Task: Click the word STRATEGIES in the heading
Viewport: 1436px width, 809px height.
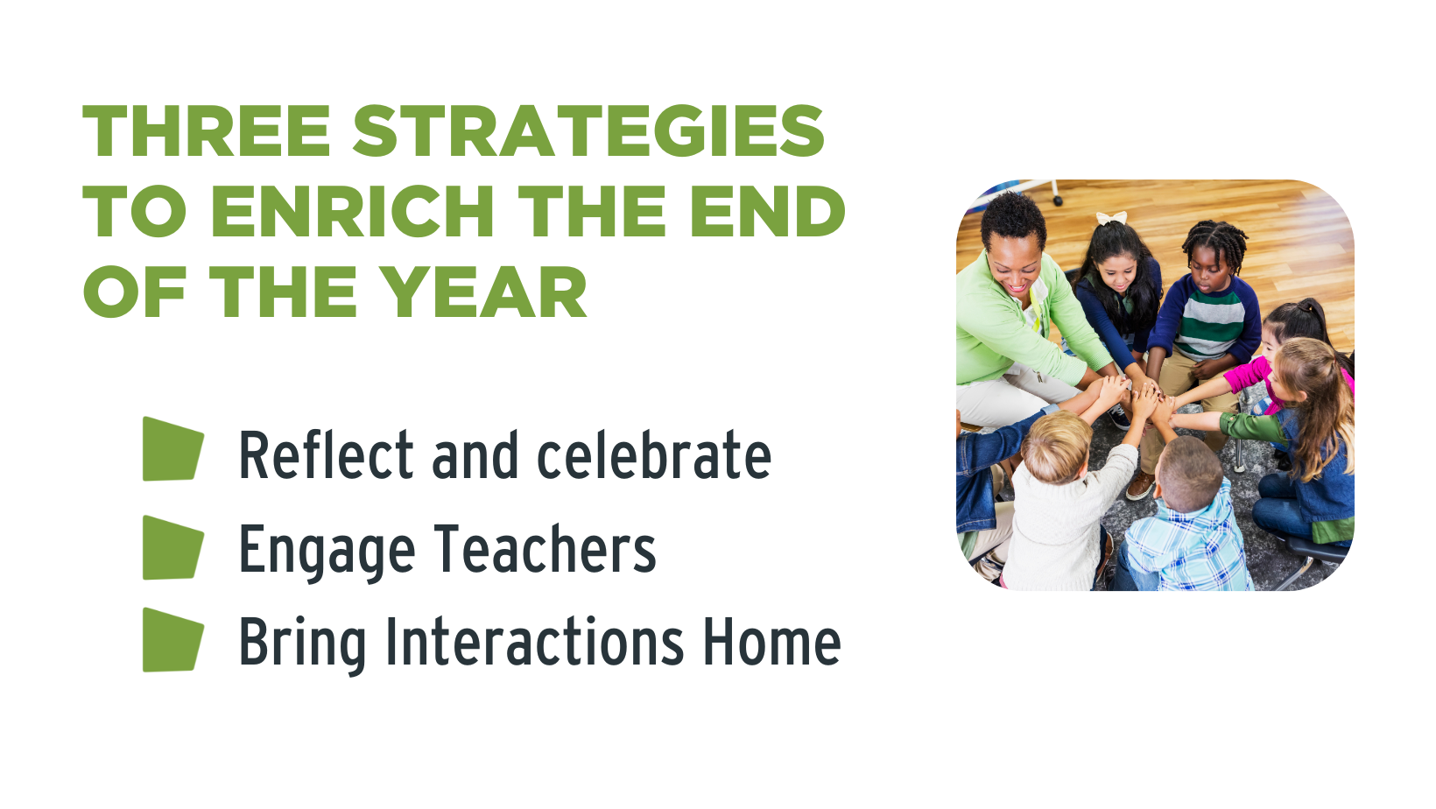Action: [x=588, y=130]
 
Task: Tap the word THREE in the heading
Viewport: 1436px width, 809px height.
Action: [x=206, y=130]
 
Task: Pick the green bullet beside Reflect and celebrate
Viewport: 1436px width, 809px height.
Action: [x=172, y=449]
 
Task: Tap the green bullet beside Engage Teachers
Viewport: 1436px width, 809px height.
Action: [x=172, y=547]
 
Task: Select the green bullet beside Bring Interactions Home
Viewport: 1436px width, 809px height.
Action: [x=172, y=639]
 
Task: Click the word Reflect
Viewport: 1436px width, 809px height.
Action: [x=326, y=454]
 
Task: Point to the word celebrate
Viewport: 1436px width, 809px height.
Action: [x=654, y=454]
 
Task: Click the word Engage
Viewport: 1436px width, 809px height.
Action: [x=327, y=552]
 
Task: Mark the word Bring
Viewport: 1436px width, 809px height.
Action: [x=302, y=645]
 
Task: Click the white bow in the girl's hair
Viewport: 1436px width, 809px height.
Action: [x=1111, y=219]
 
